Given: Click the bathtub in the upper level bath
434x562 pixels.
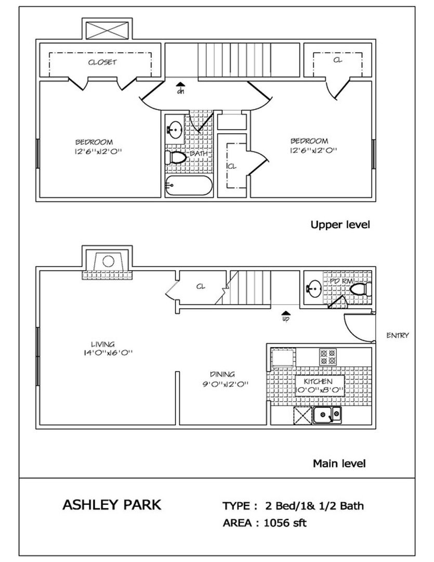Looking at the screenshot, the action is pos(189,185).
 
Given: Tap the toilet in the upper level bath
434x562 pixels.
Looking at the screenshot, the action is pos(176,158).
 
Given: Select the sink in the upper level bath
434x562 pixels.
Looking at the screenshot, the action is pos(175,130).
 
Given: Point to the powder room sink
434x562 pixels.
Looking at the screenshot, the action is pos(314,289).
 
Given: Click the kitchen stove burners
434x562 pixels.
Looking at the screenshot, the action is pos(327,356).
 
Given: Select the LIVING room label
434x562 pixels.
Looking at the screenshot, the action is pos(103,344).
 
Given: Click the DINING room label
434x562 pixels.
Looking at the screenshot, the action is pos(222,374).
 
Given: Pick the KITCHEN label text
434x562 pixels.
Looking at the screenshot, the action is pos(318,381).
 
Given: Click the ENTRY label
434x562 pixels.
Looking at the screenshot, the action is pos(398,336).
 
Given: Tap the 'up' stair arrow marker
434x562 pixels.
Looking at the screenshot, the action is pos(286,316).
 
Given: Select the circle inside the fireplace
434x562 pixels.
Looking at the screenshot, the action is pos(108,261).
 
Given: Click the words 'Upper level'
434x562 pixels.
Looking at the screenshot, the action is pos(340,225).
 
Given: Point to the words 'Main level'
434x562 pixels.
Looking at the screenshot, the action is pos(339,464).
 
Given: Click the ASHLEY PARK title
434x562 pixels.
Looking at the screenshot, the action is pos(112,505).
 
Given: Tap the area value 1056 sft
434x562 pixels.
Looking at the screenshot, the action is pos(285,523).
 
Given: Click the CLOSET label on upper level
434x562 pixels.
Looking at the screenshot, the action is pos(102,62).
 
